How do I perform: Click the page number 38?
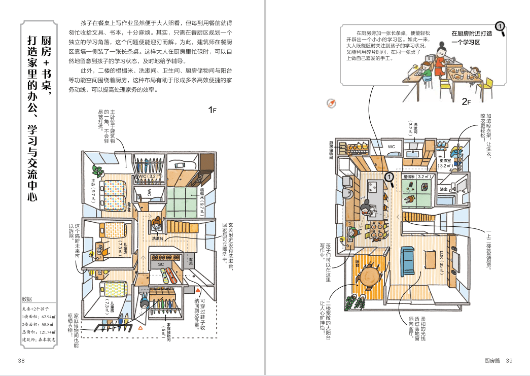coord(21,361)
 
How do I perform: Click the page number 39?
coord(509,361)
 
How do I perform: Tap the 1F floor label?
coord(213,110)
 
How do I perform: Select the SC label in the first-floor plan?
coord(161,264)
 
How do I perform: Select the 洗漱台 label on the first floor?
coord(157,238)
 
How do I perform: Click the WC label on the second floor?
coord(392,147)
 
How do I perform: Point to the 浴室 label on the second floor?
coord(444,189)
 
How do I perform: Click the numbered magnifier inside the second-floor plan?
coord(388,177)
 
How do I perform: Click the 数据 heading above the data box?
coord(27,299)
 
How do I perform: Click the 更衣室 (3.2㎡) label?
coord(446,163)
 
